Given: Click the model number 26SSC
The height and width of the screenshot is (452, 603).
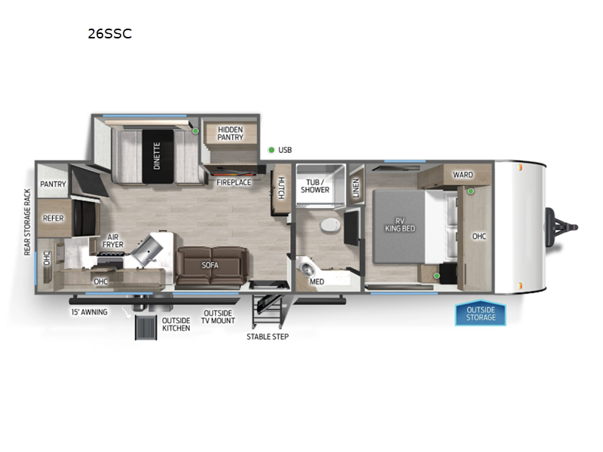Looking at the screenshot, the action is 110,34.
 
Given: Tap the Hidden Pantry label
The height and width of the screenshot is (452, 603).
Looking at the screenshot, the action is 231,133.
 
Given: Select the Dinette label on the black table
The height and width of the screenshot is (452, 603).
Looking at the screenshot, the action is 157,156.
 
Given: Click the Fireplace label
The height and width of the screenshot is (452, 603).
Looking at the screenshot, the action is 234,182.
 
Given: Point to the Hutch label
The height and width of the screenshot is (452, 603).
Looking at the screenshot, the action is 281,188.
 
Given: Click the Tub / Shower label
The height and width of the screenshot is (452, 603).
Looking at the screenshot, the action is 315,186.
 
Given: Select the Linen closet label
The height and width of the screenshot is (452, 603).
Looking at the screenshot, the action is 356,188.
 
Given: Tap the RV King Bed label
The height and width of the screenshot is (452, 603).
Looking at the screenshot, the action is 400,224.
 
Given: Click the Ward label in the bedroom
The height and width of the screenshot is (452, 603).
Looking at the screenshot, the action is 463,175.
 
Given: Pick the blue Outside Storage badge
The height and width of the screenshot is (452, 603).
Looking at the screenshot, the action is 481,313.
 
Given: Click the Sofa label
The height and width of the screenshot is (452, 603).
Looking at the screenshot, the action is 210,265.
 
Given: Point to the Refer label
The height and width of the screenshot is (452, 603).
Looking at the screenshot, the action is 53,218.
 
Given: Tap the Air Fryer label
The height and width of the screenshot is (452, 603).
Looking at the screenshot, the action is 112,240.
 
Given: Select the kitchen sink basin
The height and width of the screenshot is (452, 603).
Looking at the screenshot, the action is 147,250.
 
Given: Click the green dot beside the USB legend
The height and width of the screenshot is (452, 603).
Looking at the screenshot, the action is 271,150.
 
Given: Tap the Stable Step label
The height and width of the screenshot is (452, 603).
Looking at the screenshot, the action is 268,337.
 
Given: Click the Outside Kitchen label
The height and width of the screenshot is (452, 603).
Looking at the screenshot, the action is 176,325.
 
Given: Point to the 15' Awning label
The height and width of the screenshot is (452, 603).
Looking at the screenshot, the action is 89,312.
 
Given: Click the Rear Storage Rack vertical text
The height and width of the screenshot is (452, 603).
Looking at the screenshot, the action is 27,222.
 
